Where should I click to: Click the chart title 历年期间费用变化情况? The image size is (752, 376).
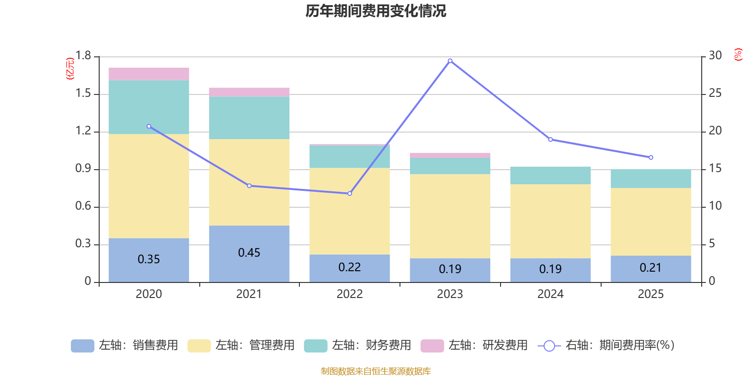376,11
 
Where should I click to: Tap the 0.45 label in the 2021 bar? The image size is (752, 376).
249,253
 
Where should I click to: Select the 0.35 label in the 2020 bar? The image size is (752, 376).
149,259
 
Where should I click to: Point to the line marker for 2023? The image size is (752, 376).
450,61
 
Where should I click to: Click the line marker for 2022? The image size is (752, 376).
350,194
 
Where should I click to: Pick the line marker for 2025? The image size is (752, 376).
651,157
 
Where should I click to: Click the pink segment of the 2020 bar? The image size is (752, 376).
149,74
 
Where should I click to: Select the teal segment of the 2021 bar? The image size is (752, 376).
249,117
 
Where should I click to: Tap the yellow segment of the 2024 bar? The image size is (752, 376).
550,221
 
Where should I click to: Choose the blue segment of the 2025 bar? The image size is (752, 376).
651,269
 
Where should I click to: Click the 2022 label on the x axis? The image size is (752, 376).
350,294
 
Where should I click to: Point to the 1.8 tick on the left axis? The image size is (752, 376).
83,56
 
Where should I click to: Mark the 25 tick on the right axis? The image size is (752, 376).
715,94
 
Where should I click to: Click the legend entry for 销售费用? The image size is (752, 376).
125,345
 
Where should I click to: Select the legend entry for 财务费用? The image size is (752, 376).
358,345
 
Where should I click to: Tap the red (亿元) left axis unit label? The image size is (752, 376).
70,69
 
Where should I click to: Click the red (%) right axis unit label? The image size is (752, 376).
738,55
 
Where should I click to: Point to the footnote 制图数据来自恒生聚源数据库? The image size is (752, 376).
376,371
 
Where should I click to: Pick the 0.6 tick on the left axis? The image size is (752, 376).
83,206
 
